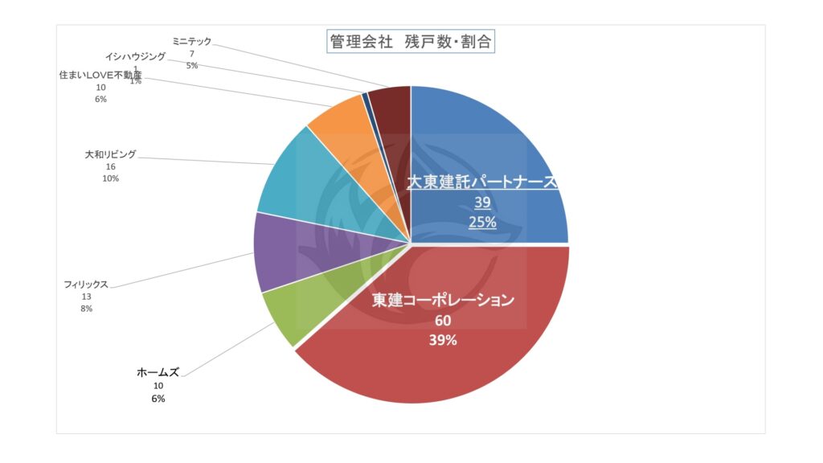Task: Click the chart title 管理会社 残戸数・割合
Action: point(410,42)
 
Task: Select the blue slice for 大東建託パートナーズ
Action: point(482,145)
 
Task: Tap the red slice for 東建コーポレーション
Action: point(450,354)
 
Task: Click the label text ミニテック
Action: point(192,40)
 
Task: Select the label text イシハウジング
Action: point(136,57)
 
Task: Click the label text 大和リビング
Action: point(111,154)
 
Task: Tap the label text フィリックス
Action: point(86,285)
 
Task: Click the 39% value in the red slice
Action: point(442,340)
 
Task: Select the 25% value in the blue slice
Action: point(482,223)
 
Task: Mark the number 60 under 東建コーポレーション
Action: point(443,321)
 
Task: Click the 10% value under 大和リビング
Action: point(111,178)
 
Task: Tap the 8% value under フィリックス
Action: point(86,309)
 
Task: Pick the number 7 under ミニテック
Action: point(192,53)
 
